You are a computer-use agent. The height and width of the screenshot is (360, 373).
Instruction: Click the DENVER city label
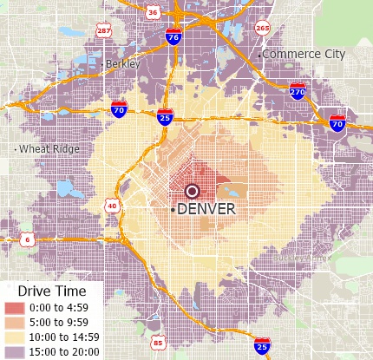coord(206,209)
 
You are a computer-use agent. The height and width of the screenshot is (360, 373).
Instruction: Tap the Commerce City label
coord(304,54)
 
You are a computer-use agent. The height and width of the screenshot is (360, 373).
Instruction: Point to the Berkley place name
coord(122,64)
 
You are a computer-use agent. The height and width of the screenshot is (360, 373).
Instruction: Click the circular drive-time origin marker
coord(193,191)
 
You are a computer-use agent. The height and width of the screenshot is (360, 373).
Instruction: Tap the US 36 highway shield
coord(153,12)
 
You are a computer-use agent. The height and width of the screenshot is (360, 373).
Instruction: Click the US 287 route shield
coord(104,32)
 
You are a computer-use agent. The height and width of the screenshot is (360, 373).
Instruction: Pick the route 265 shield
coord(262,28)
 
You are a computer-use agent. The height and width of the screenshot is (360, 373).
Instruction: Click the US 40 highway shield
coord(112,206)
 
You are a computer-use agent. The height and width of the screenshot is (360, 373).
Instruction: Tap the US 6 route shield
coord(28,239)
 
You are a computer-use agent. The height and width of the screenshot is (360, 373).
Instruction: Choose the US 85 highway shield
coord(157,342)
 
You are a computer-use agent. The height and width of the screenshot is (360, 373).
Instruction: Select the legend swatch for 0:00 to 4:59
coord(16,308)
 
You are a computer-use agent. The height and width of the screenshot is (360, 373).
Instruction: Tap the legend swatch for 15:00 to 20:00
coord(16,351)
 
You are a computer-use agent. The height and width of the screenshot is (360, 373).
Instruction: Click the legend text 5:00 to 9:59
coord(64,323)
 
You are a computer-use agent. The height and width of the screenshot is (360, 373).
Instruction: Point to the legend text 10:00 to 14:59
coord(68,337)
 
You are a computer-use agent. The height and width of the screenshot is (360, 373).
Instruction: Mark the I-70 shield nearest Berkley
coord(119,109)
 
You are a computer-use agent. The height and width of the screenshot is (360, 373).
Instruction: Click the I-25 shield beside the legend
coord(262,346)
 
